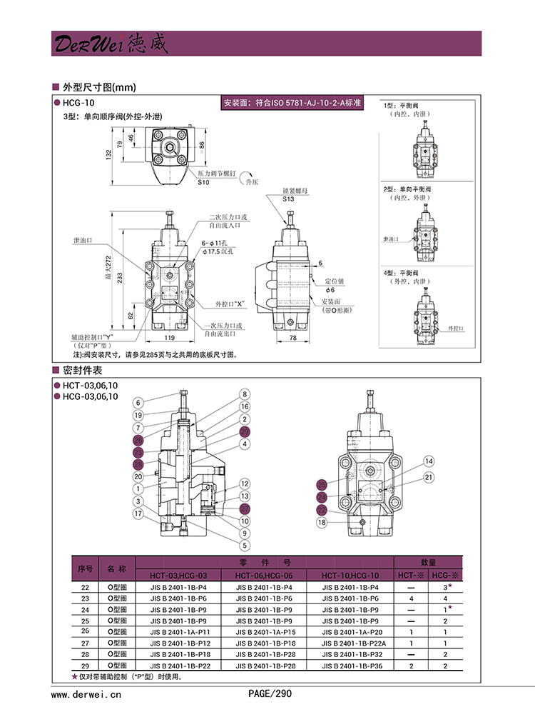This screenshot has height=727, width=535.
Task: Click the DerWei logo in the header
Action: click(110, 44)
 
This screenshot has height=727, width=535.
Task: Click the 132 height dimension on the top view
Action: click(109, 154)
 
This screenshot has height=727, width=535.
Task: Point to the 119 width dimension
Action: click(170, 336)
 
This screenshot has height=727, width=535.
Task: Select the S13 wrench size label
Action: click(288, 199)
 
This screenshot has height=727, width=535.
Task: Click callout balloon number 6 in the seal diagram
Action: click(138, 401)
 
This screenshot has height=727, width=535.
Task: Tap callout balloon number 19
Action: click(138, 415)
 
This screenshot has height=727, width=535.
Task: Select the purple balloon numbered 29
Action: click(244, 432)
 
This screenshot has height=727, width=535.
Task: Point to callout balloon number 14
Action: click(429, 461)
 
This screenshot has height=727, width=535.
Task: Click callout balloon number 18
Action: click(322, 522)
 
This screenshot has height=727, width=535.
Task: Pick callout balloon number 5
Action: click(244, 546)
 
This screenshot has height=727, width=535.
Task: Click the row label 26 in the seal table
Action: click(85, 631)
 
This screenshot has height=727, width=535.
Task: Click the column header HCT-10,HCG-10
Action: click(350, 576)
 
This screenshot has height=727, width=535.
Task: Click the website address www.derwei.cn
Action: click(87, 693)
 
